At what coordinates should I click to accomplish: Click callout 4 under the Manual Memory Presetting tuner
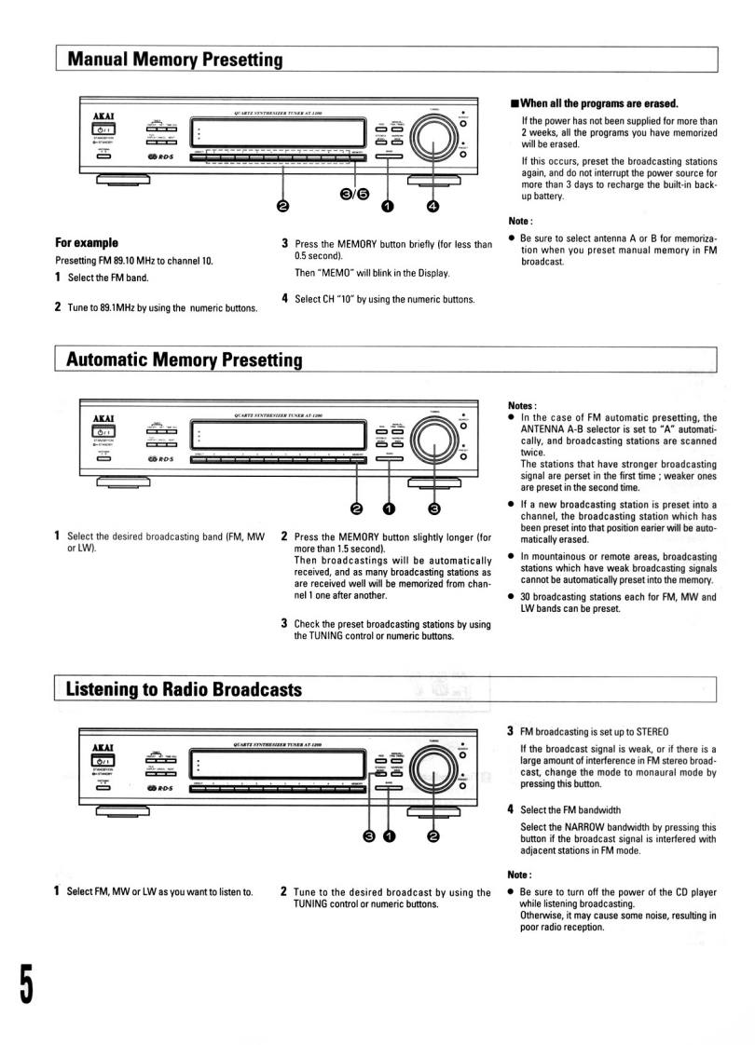point(432,206)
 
